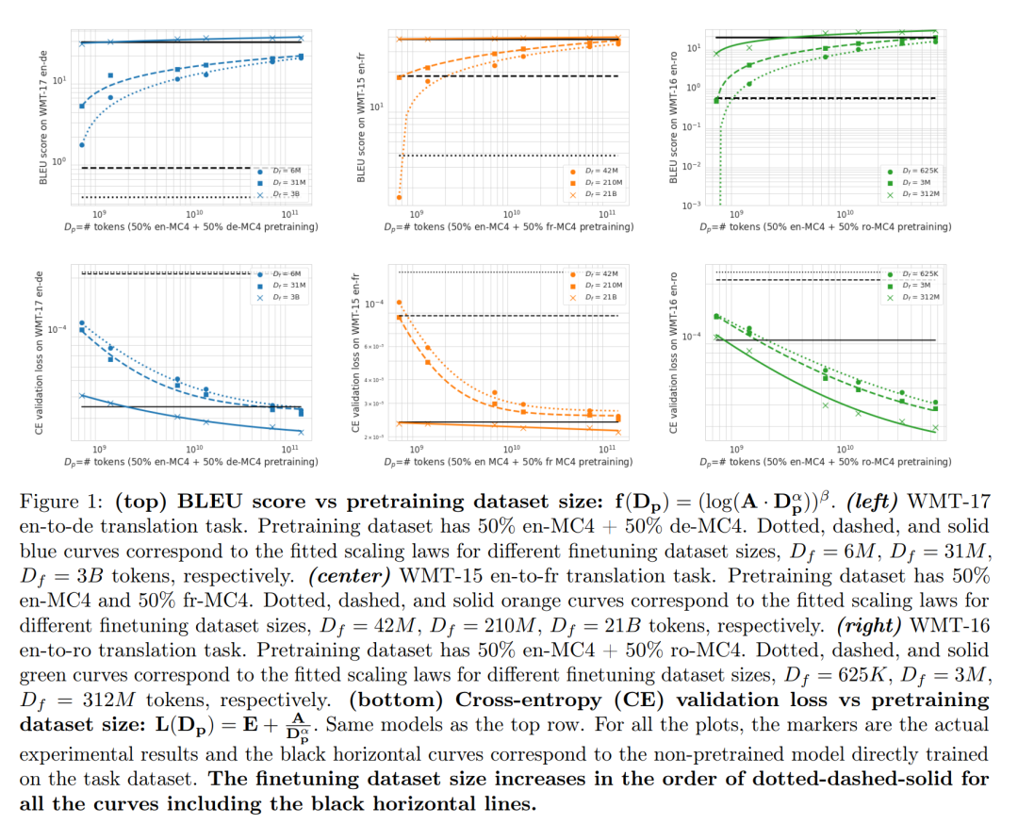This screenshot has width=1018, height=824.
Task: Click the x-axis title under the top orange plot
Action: (508, 227)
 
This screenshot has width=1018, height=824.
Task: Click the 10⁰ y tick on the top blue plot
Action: (60, 162)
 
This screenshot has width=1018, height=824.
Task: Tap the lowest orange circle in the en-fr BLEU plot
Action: (400, 198)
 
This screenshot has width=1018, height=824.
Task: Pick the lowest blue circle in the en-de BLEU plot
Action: (82, 145)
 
